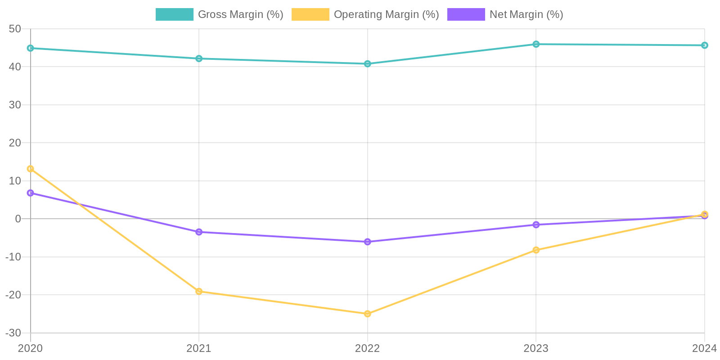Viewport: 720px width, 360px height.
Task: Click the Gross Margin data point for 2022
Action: pyautogui.click(x=368, y=64)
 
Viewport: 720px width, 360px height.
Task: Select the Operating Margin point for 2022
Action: pyautogui.click(x=368, y=314)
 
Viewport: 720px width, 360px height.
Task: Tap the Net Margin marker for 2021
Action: pyautogui.click(x=199, y=232)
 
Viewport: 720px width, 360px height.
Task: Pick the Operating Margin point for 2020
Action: pyautogui.click(x=31, y=169)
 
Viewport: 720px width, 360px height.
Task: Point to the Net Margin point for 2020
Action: pyautogui.click(x=31, y=193)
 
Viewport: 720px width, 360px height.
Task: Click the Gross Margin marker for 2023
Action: pyautogui.click(x=536, y=44)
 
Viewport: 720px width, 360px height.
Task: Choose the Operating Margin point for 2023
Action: pyautogui.click(x=536, y=250)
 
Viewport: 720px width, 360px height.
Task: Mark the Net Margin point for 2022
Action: pyautogui.click(x=368, y=242)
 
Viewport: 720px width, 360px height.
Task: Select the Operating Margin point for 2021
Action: pyautogui.click(x=199, y=292)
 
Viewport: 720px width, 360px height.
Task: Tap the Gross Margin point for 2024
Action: pyautogui.click(x=704, y=45)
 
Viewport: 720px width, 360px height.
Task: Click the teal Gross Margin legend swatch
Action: pyautogui.click(x=174, y=14)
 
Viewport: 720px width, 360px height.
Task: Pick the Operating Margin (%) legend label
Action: pyautogui.click(x=386, y=14)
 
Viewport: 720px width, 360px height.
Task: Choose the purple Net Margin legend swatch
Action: pyautogui.click(x=466, y=14)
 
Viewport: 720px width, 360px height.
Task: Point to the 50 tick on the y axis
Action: pyautogui.click(x=15, y=29)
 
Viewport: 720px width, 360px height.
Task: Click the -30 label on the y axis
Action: pyautogui.click(x=13, y=333)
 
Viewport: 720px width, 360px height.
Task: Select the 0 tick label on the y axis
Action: pyautogui.click(x=18, y=219)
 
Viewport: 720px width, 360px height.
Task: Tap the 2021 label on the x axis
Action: pyautogui.click(x=199, y=348)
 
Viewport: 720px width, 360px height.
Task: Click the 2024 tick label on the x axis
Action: pyautogui.click(x=704, y=348)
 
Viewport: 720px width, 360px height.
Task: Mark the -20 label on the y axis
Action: pyautogui.click(x=13, y=295)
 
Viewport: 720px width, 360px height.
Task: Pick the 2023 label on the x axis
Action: pyautogui.click(x=536, y=348)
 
